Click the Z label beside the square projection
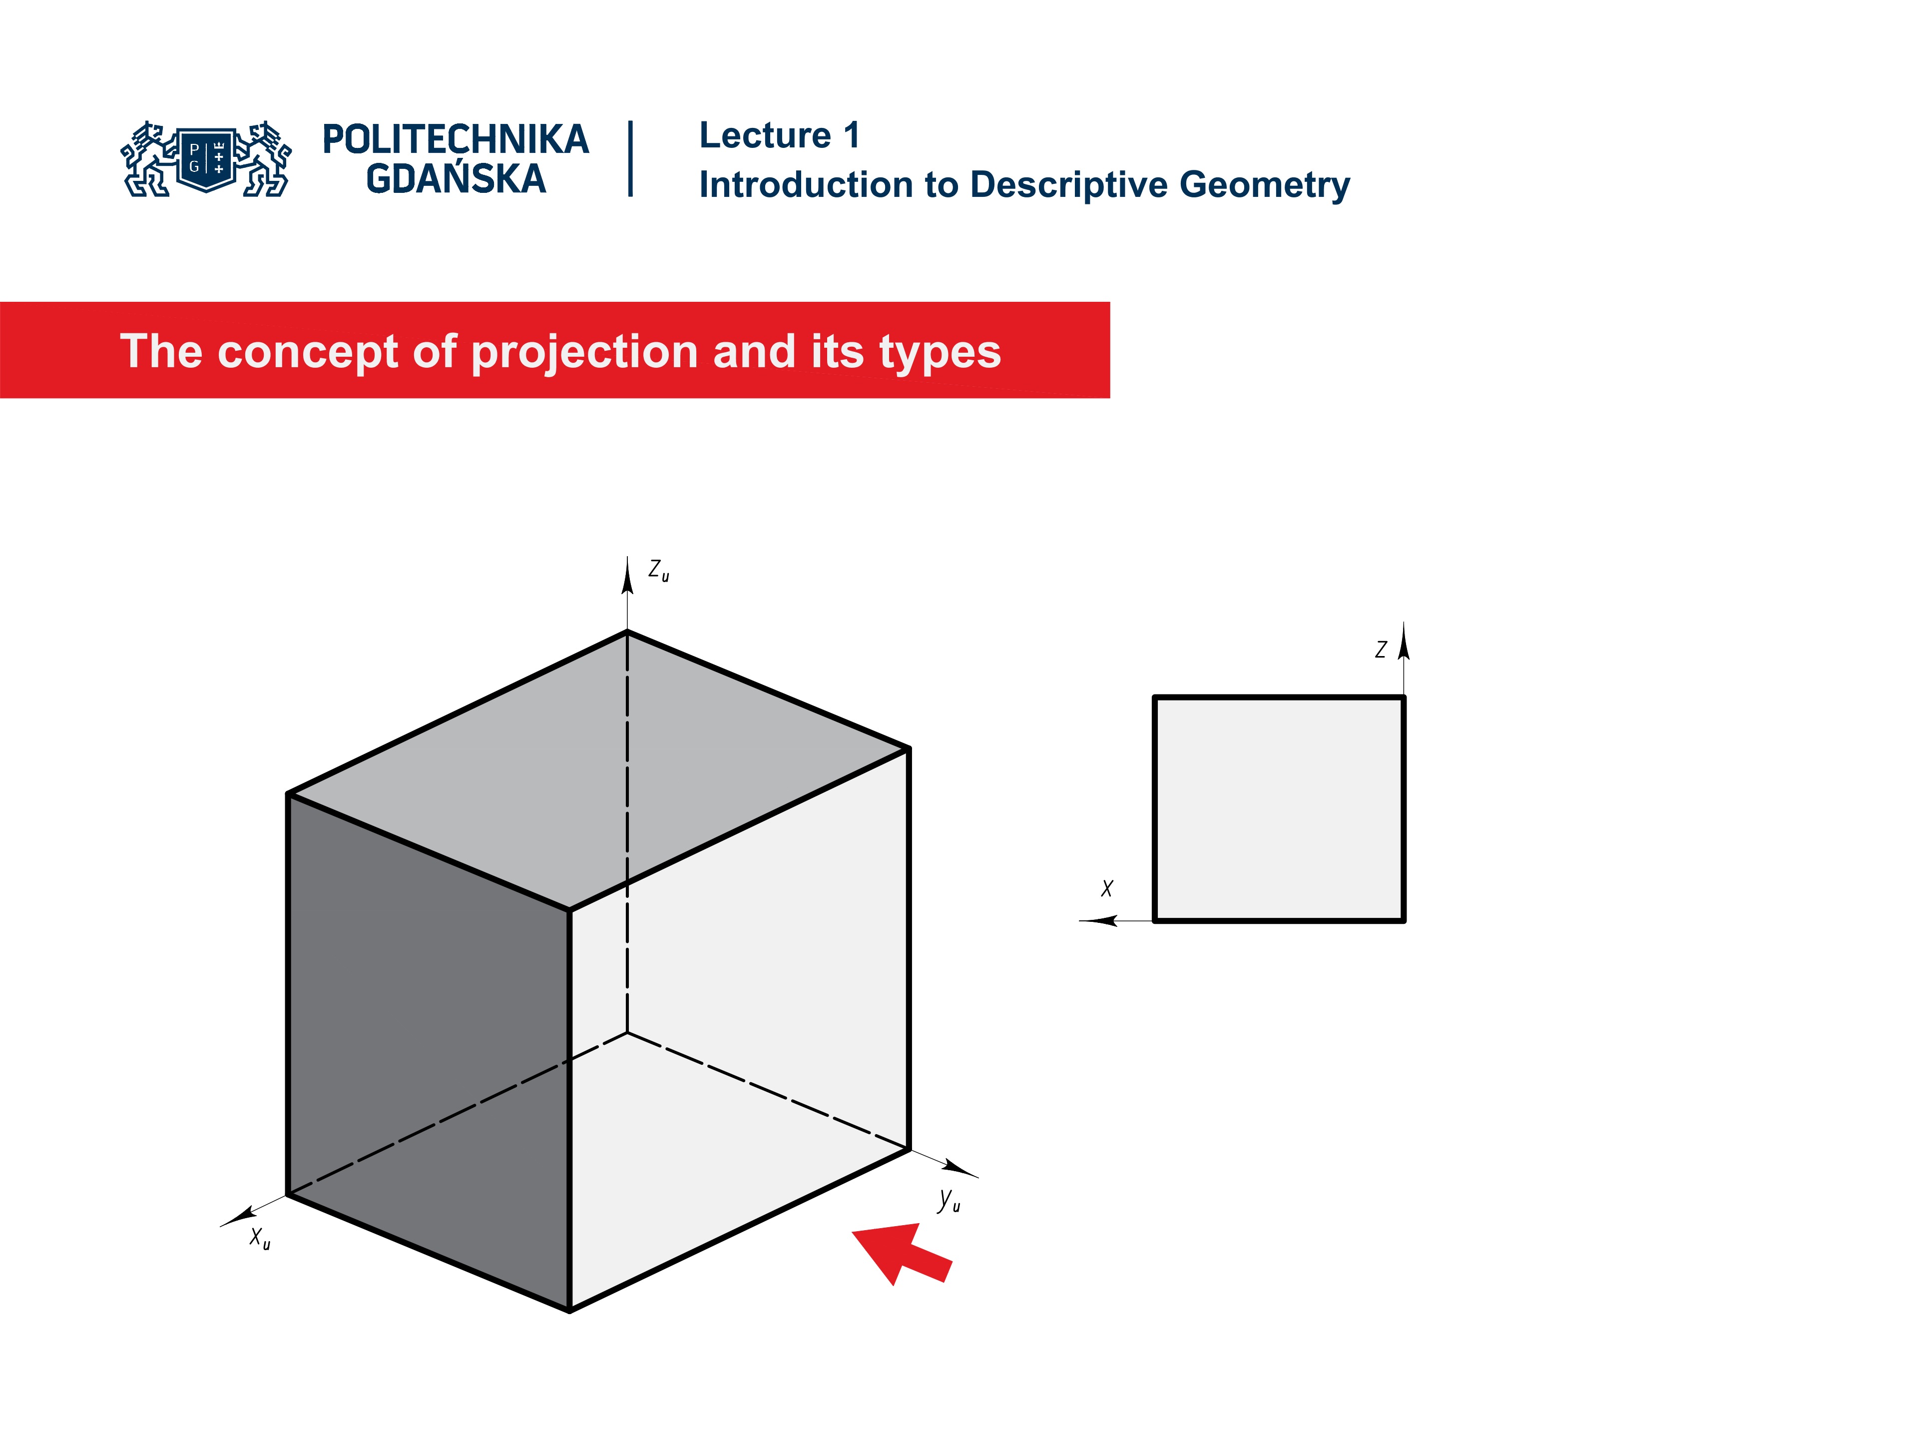[x=1381, y=650]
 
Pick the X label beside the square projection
[x=1106, y=888]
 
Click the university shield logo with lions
[x=206, y=159]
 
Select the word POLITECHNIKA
[x=455, y=139]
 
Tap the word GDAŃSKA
[x=455, y=179]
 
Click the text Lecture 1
[x=779, y=135]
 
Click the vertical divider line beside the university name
[x=630, y=159]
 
